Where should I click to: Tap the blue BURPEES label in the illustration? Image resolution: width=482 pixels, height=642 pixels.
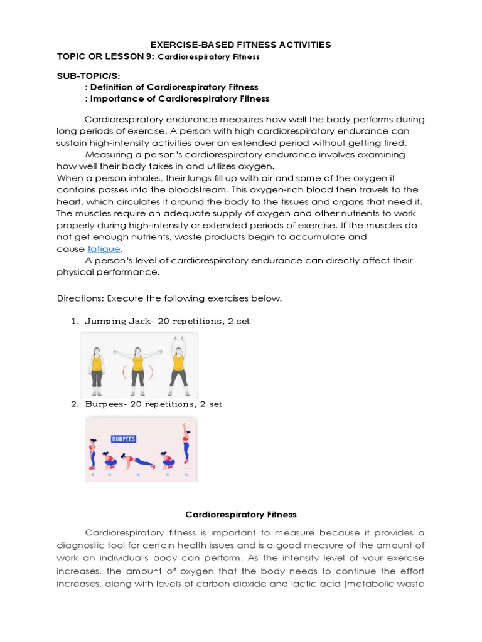[124, 439]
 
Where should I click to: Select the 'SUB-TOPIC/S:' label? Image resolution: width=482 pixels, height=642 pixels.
[83, 75]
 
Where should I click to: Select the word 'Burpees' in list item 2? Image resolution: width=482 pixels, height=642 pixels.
[102, 404]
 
